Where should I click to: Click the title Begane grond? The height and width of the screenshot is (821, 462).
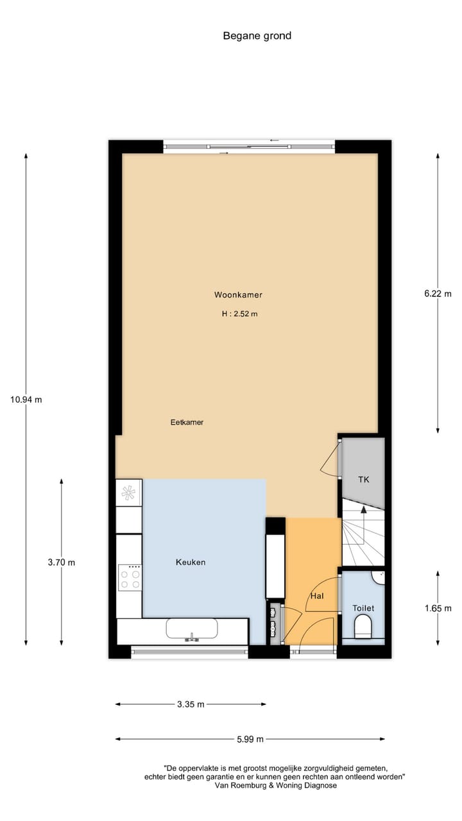[257, 36]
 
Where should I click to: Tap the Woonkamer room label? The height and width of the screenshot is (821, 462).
[238, 295]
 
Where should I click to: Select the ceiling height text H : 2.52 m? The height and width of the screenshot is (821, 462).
[239, 314]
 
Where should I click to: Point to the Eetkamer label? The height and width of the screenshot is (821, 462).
[187, 423]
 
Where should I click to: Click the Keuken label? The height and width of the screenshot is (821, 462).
[191, 563]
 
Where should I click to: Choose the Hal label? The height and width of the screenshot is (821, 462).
[316, 596]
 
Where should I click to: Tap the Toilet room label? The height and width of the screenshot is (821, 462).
[363, 608]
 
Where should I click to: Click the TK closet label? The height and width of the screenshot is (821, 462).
[363, 480]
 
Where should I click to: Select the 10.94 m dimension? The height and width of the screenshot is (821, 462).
[26, 400]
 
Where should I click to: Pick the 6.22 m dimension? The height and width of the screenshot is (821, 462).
[438, 294]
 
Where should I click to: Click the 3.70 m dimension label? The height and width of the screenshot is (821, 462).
[62, 563]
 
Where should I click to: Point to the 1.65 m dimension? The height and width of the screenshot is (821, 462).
[438, 608]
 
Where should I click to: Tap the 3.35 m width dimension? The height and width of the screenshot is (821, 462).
[191, 704]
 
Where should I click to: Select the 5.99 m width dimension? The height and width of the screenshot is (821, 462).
[250, 740]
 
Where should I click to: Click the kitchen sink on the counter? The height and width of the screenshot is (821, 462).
[191, 629]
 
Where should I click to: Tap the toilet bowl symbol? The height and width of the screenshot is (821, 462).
[363, 626]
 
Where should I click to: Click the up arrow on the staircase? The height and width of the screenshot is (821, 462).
[363, 509]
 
